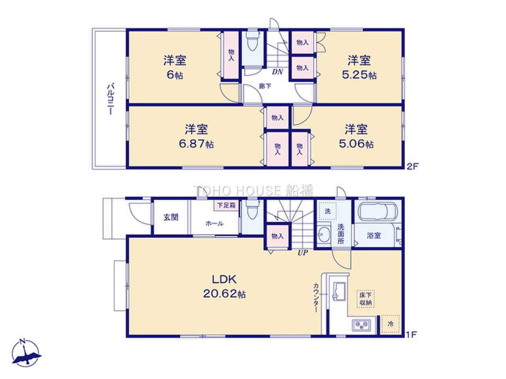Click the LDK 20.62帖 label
coord(224,287)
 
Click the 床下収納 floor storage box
coord(365,299)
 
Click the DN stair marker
coord(278,72)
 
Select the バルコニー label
coord(110,99)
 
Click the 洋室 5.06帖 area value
coord(356,144)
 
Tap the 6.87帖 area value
coord(196,144)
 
